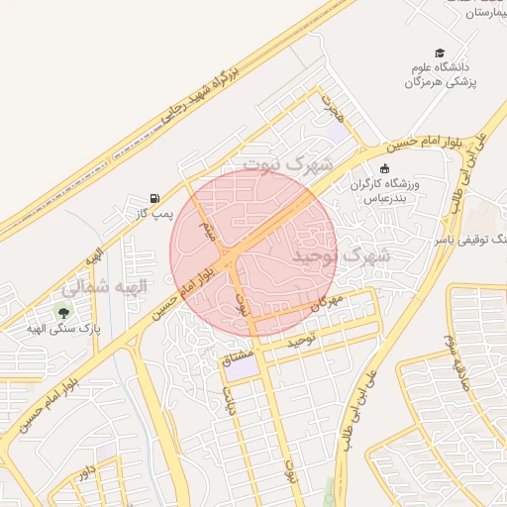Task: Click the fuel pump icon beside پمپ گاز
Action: pos(153,197)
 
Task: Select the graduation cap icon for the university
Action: pos(440,53)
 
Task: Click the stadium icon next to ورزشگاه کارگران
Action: pos(384,169)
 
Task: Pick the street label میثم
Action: pos(208,232)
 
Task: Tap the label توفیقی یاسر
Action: pos(466,239)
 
